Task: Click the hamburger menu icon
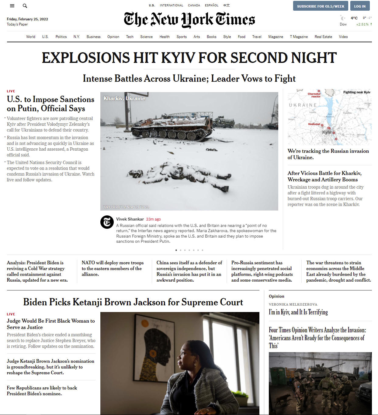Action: click(x=12, y=6)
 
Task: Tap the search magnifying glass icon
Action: click(x=25, y=6)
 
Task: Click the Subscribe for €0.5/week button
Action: click(x=321, y=6)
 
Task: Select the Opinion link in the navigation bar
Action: click(x=113, y=37)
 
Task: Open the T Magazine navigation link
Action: click(x=299, y=37)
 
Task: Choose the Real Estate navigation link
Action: click(x=323, y=37)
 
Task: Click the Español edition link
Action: click(x=212, y=5)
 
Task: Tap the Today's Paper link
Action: click(x=17, y=24)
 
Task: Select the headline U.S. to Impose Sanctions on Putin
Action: click(x=50, y=104)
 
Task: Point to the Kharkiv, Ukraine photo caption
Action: click(x=124, y=98)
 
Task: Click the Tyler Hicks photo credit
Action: click(x=126, y=207)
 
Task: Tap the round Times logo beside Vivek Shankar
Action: click(x=107, y=222)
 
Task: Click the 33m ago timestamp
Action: click(x=153, y=219)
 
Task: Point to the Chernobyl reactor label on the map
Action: click(x=314, y=95)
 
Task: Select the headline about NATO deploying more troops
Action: click(x=113, y=268)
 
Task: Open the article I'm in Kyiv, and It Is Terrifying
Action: click(x=298, y=312)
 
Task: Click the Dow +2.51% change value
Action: click(x=362, y=24)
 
